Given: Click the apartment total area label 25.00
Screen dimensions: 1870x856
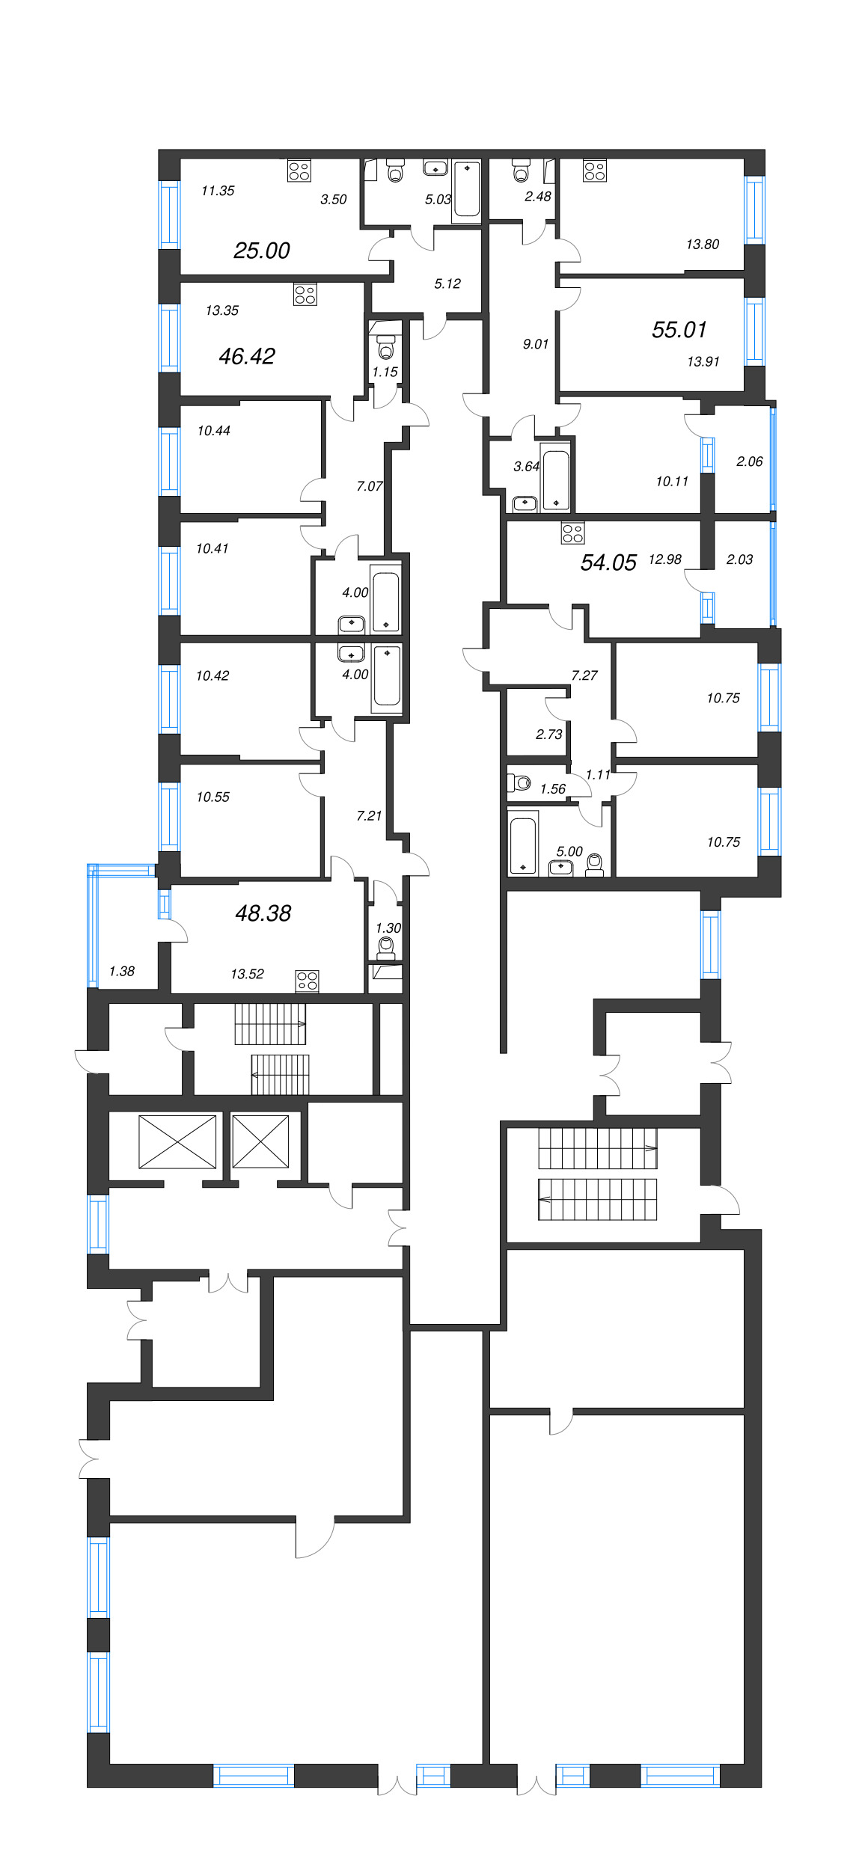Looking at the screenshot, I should pyautogui.click(x=261, y=251).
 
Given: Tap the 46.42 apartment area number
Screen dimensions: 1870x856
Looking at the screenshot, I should pyautogui.click(x=247, y=356).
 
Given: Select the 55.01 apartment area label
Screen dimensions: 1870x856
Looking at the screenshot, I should pyautogui.click(x=679, y=330).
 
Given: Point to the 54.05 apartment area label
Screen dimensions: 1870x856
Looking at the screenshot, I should pyautogui.click(x=608, y=562).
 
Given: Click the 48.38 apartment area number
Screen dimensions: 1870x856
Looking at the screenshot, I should pyautogui.click(x=263, y=913).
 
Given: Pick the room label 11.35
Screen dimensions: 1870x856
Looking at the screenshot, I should pyautogui.click(x=218, y=191).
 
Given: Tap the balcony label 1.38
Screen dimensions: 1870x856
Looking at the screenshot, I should pyautogui.click(x=122, y=972).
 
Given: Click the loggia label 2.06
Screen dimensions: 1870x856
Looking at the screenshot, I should pyautogui.click(x=749, y=462).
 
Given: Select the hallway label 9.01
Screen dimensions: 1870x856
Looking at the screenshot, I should pyautogui.click(x=536, y=344).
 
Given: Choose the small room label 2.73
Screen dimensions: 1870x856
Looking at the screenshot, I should pyautogui.click(x=549, y=735).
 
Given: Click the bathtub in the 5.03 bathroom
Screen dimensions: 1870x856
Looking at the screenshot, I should pyautogui.click(x=466, y=191).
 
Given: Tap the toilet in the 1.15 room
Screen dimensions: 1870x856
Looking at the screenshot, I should pyautogui.click(x=386, y=348).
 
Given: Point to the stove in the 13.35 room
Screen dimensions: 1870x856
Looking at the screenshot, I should pyautogui.click(x=305, y=294).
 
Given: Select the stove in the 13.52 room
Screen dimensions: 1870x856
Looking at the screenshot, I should pyautogui.click(x=307, y=981).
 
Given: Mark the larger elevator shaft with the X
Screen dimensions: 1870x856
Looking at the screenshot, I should pyautogui.click(x=177, y=1141).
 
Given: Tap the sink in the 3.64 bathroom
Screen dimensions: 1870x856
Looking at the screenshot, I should pyautogui.click(x=525, y=503).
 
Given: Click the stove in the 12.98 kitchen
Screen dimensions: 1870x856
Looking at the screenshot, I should pyautogui.click(x=572, y=533).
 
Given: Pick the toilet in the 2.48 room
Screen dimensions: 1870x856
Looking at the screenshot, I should pyautogui.click(x=522, y=171).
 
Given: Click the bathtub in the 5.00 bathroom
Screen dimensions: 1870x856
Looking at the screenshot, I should pyautogui.click(x=522, y=845).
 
